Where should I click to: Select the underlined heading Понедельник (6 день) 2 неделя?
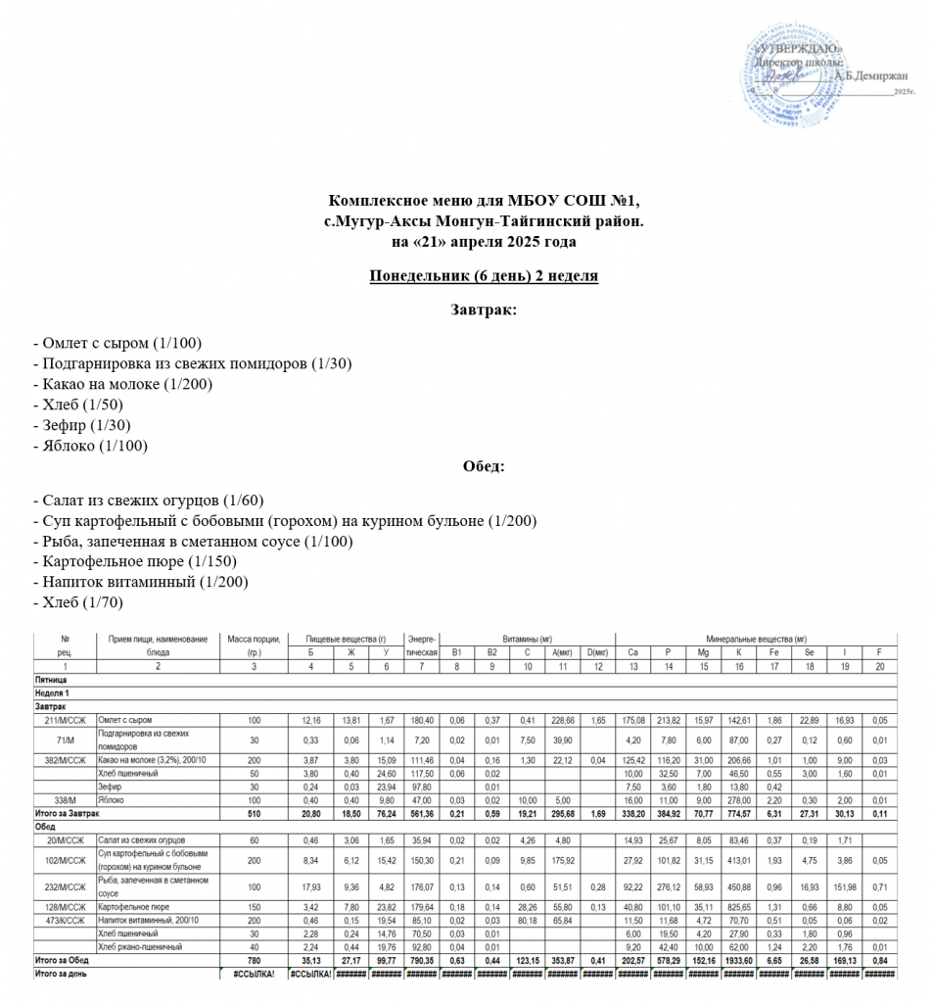[484, 275]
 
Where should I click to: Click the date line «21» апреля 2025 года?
[484, 240]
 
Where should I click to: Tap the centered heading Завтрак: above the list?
[484, 310]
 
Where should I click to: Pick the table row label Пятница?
[51, 679]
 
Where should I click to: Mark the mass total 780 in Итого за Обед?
[254, 962]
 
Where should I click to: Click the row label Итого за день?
[63, 975]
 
